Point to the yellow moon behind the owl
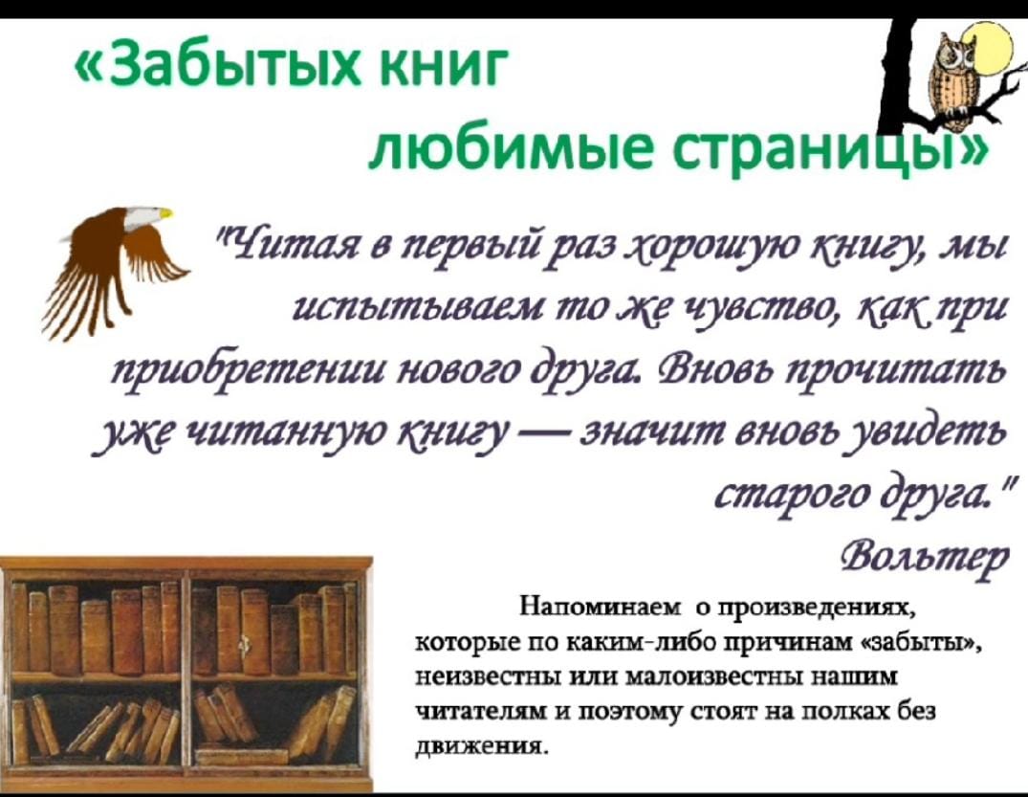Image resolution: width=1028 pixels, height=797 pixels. click(x=994, y=47)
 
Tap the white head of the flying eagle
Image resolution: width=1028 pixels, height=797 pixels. click(x=149, y=216)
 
